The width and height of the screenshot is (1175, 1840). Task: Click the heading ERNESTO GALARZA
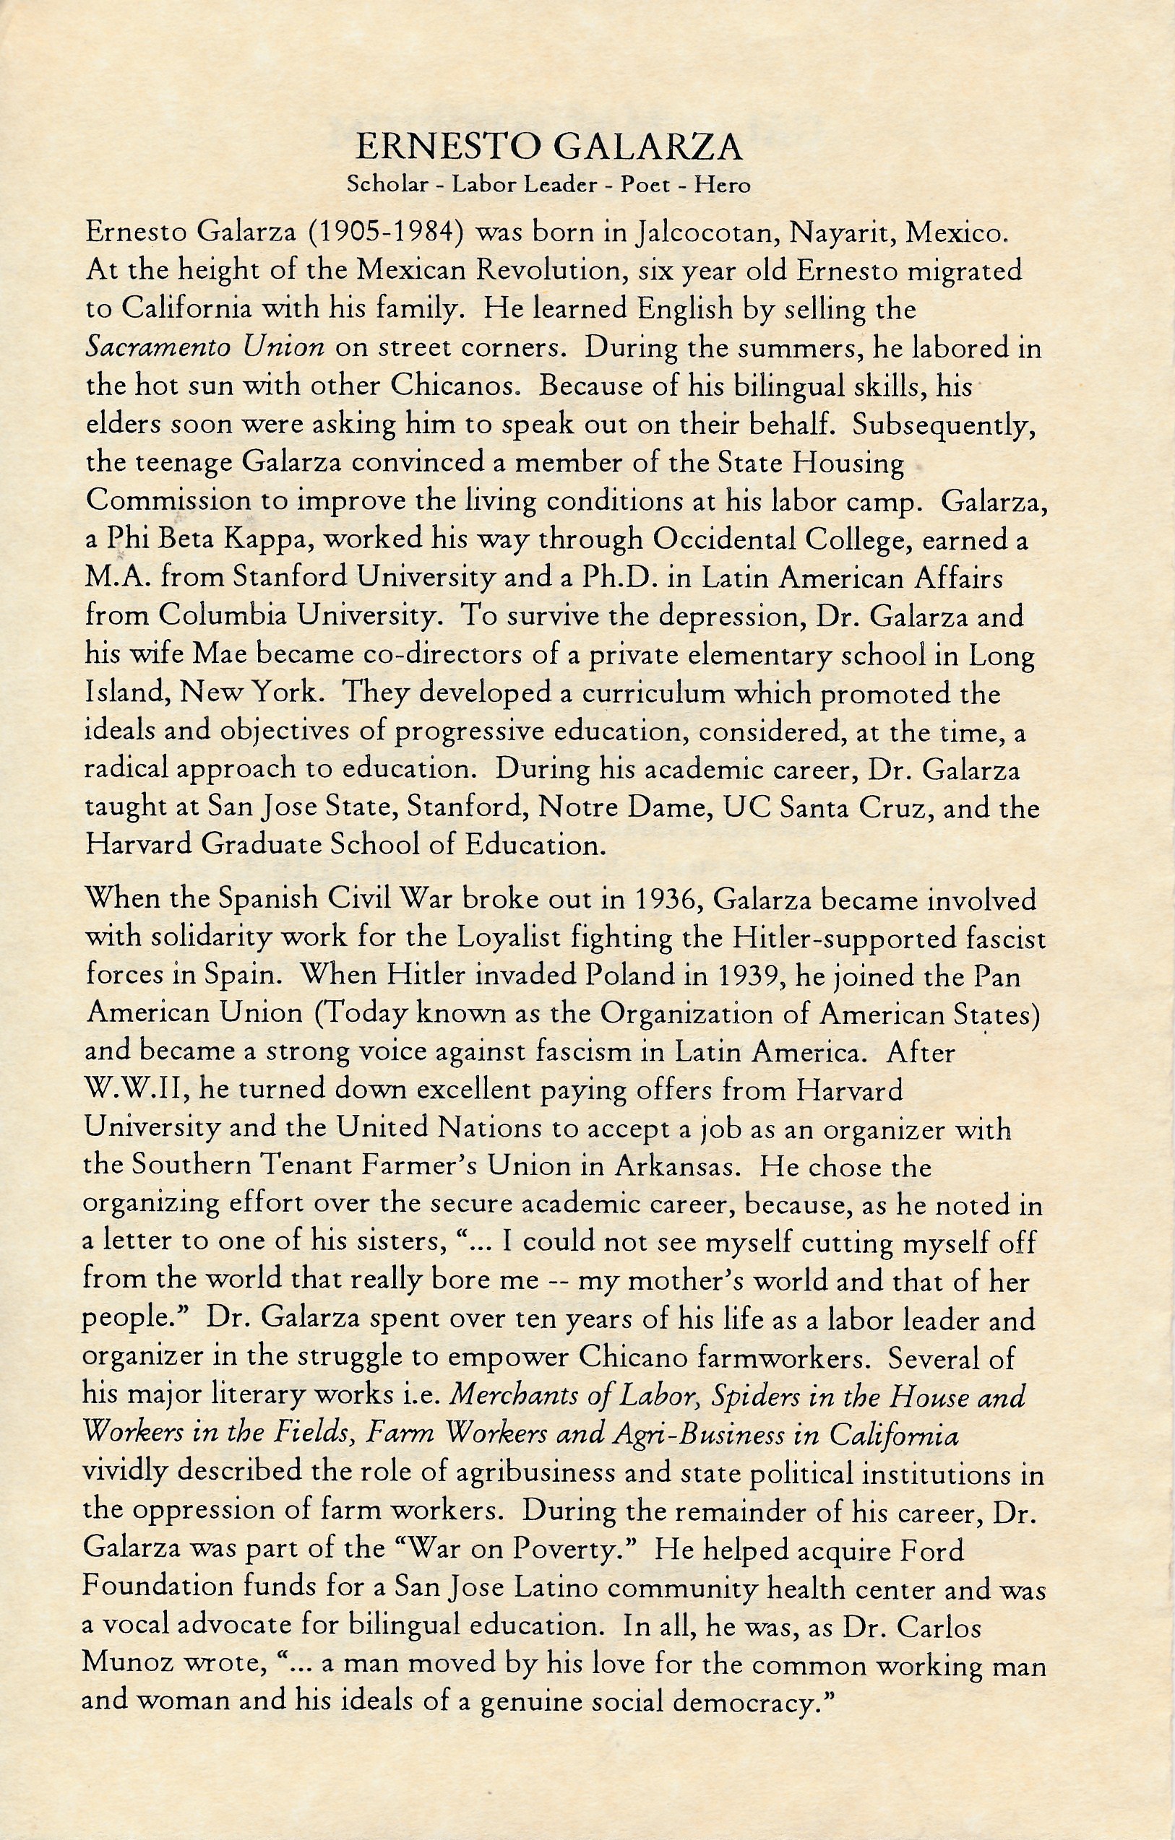click(x=550, y=146)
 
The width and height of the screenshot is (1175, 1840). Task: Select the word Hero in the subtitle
click(x=723, y=185)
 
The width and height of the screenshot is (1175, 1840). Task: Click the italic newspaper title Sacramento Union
click(x=205, y=347)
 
